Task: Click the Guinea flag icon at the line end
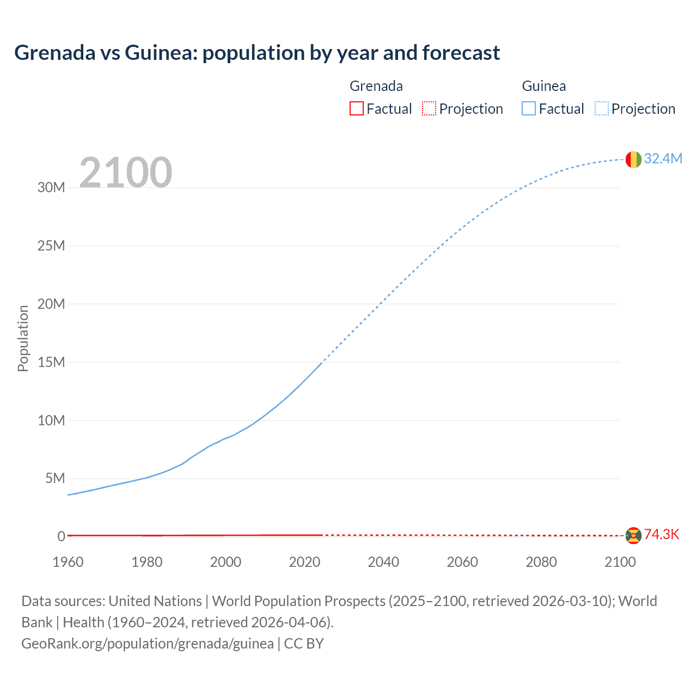tap(633, 160)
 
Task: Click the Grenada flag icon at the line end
tap(633, 535)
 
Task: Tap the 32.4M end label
tap(663, 158)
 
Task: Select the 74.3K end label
tap(662, 534)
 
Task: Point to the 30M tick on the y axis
tap(51, 188)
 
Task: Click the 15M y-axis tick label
tap(51, 362)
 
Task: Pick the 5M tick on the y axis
tap(55, 479)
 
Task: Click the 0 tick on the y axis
tap(61, 536)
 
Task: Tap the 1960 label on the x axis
tap(68, 562)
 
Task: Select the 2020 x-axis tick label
tap(304, 562)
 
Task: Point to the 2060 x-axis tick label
tap(462, 562)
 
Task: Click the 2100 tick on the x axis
tap(620, 562)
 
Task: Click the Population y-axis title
tap(23, 338)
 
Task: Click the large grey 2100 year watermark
tap(126, 173)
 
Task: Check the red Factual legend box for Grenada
tap(357, 108)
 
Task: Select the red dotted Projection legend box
tap(429, 108)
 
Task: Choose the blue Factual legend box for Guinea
tap(529, 108)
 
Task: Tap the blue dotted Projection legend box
tap(601, 108)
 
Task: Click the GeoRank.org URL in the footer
tap(148, 643)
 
